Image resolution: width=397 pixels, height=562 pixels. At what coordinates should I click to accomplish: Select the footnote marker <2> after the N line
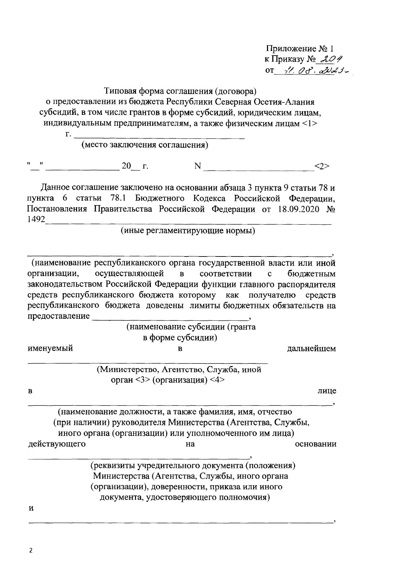322,166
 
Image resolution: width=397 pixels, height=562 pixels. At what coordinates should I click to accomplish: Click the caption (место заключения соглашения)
145,145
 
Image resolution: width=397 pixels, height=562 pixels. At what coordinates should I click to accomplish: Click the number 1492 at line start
36,220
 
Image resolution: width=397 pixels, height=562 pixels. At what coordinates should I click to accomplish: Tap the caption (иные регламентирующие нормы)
188,231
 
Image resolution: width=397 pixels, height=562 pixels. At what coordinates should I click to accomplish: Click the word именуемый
50,349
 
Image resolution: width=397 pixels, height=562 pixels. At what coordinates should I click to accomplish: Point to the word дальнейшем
311,349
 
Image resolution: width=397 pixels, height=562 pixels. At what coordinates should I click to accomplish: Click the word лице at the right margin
327,391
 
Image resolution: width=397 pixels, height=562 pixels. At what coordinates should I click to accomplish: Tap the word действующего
57,444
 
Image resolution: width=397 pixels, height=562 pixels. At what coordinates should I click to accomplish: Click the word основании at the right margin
316,444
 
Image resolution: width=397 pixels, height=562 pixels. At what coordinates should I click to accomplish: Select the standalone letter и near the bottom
31,508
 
